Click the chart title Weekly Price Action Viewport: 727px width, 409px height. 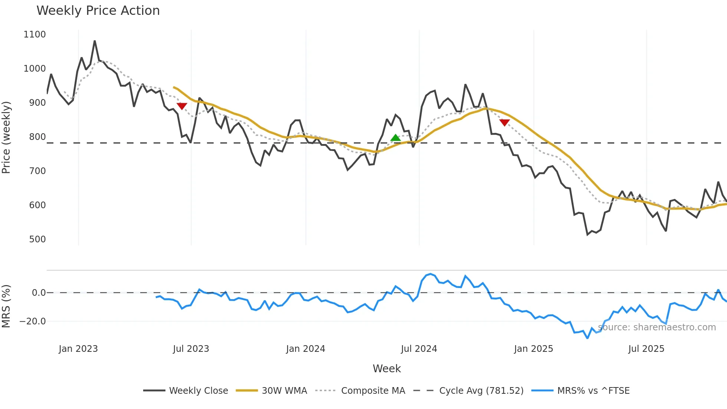98,11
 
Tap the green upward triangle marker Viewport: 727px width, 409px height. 395,138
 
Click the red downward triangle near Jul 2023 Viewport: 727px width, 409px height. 182,106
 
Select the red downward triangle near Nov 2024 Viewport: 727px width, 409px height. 504,122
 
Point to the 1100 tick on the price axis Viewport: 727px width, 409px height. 34,35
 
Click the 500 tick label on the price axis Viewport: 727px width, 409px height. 37,239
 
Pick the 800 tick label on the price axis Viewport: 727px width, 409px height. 37,137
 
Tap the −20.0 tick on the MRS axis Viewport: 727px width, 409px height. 33,321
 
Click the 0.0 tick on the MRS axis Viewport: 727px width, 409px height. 39,293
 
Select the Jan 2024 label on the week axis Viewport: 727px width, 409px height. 305,349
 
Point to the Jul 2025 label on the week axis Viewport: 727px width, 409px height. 646,349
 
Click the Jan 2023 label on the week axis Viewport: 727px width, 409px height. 78,349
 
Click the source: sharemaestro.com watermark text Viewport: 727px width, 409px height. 657,327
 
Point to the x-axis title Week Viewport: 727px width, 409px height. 386,369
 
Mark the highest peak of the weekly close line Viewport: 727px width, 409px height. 95,41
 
